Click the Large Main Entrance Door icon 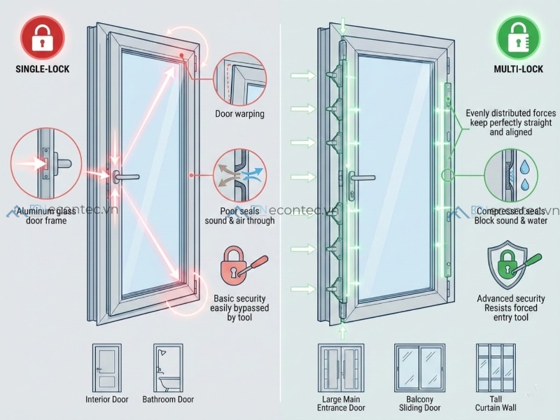point(342,367)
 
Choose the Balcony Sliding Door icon point(419,367)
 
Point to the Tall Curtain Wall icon point(494,367)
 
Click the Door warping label point(240,113)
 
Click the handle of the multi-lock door point(360,176)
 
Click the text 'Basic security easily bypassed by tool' point(240,308)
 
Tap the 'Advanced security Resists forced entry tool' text point(511,308)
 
